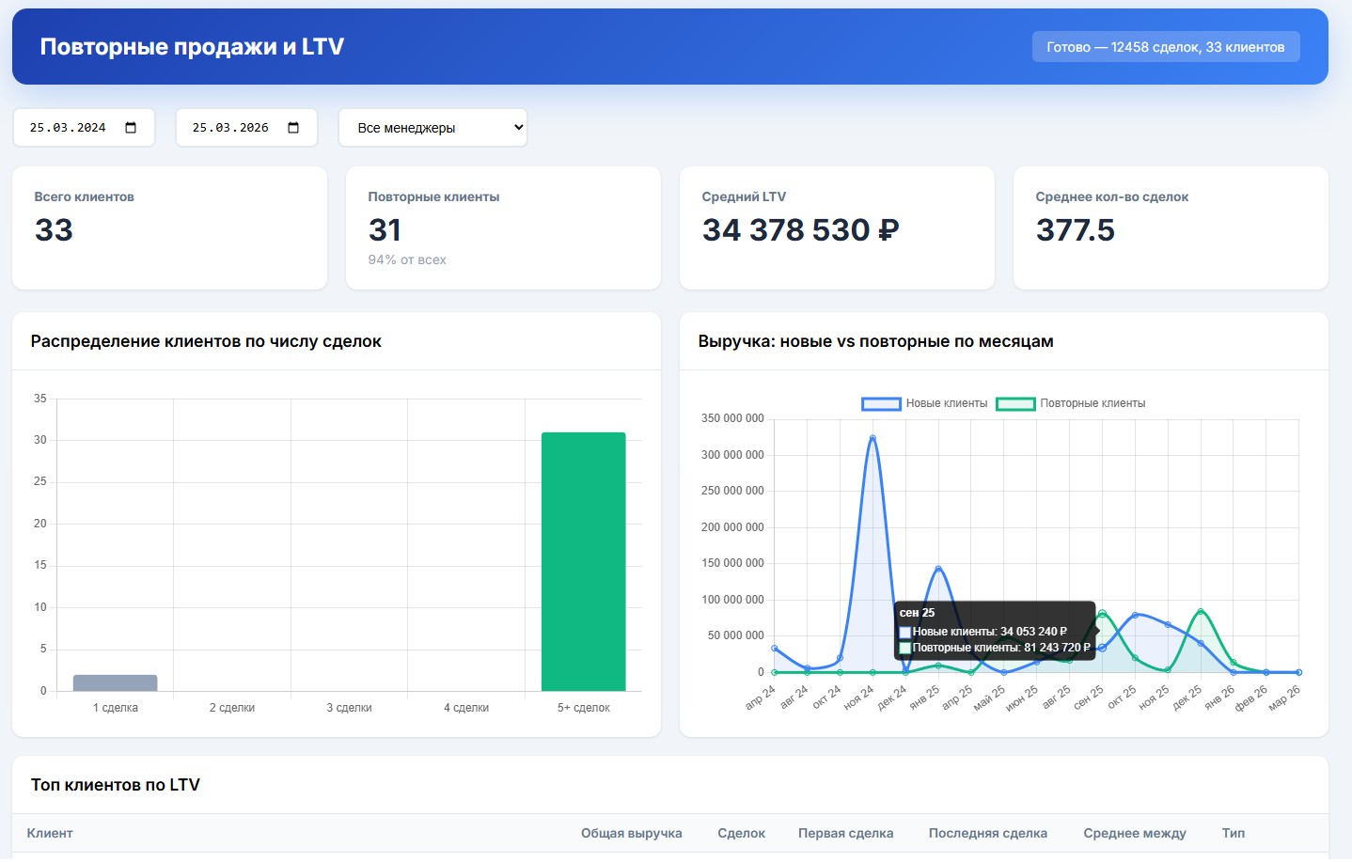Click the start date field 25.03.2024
tap(68, 128)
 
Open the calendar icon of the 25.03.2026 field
tap(293, 128)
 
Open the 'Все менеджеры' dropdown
tap(432, 128)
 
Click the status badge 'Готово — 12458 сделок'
tap(1165, 47)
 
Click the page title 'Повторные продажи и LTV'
tap(192, 47)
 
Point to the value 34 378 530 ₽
tap(800, 230)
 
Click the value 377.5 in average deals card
tap(1075, 230)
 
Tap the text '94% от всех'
tap(407, 260)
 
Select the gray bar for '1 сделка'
tap(115, 683)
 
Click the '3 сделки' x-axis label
tap(349, 708)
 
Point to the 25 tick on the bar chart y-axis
tap(40, 481)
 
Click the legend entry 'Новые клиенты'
tap(926, 403)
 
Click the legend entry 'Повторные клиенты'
tap(1072, 403)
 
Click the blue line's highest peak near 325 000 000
tap(873, 438)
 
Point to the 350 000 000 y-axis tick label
tap(732, 418)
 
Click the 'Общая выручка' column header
tap(631, 834)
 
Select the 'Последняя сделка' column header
tap(987, 834)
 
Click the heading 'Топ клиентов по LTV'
tap(116, 785)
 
